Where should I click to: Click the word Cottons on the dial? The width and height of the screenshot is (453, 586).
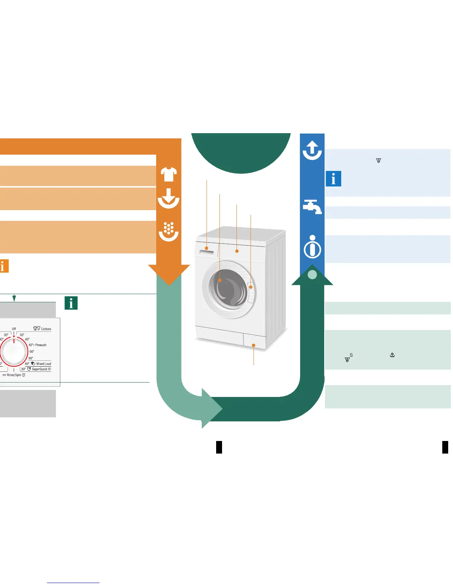point(46,329)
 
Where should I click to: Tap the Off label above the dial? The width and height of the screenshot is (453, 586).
point(14,329)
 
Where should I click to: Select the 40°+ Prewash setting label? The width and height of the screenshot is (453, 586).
point(38,345)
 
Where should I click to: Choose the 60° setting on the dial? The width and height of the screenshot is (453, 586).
point(32,351)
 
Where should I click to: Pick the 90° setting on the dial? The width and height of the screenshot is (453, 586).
point(31,358)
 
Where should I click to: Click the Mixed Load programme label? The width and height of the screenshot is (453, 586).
point(43,364)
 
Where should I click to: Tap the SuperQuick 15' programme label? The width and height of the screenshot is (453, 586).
point(41,369)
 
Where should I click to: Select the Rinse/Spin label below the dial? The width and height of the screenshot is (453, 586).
point(14,375)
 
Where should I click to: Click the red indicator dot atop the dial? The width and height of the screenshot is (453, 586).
point(14,336)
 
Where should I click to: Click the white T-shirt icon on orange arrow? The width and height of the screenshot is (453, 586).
point(169,174)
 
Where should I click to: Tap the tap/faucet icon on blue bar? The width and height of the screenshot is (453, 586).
point(312,206)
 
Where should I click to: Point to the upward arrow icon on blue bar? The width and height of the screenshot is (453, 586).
point(312,150)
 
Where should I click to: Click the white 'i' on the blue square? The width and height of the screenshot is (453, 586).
point(333,179)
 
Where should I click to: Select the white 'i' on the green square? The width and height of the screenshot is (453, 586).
point(71,303)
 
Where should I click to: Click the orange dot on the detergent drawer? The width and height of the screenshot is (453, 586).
point(207,248)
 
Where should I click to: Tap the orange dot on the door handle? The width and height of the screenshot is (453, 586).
point(251,287)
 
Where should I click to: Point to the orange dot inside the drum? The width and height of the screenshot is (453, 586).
point(220,280)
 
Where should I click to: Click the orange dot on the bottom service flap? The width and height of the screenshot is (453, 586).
point(254,345)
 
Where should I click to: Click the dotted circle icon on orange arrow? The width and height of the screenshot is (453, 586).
point(169,230)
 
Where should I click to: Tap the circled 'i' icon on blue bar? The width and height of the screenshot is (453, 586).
point(312,247)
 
